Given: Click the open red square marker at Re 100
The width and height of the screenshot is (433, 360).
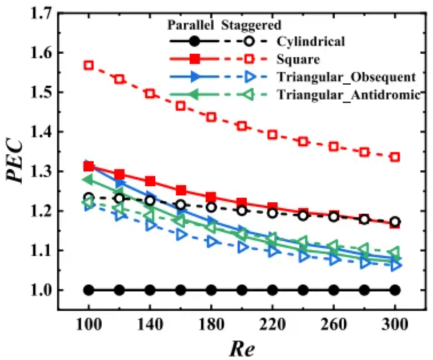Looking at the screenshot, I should click(89, 65).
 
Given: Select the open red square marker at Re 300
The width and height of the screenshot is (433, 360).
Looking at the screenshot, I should click(395, 157).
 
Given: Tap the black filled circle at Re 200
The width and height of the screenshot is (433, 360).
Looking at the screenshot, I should click(242, 290).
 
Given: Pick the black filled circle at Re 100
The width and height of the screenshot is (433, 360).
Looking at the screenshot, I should click(89, 290).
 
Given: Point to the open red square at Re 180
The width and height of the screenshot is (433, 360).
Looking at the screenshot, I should click(211, 117).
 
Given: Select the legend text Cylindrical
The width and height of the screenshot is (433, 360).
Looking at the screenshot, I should click(311, 42).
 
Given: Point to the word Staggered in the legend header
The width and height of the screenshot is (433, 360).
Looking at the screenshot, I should click(251, 25).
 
